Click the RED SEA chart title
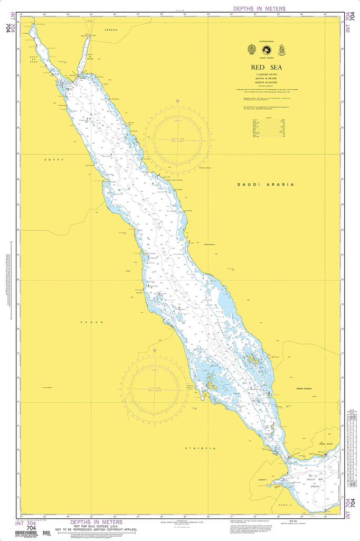pyautogui.click(x=267, y=67)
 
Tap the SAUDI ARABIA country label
pyautogui.click(x=265, y=184)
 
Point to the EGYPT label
pyautogui.click(x=54, y=159)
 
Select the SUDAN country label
pyautogui.click(x=92, y=322)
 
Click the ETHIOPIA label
pyautogui.click(x=201, y=448)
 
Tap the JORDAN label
pyautogui.click(x=111, y=30)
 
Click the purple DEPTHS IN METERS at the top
pyautogui.click(x=259, y=8)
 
